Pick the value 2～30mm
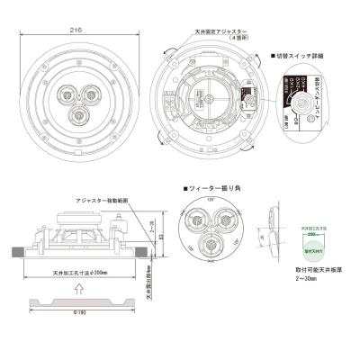(x=306, y=279)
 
